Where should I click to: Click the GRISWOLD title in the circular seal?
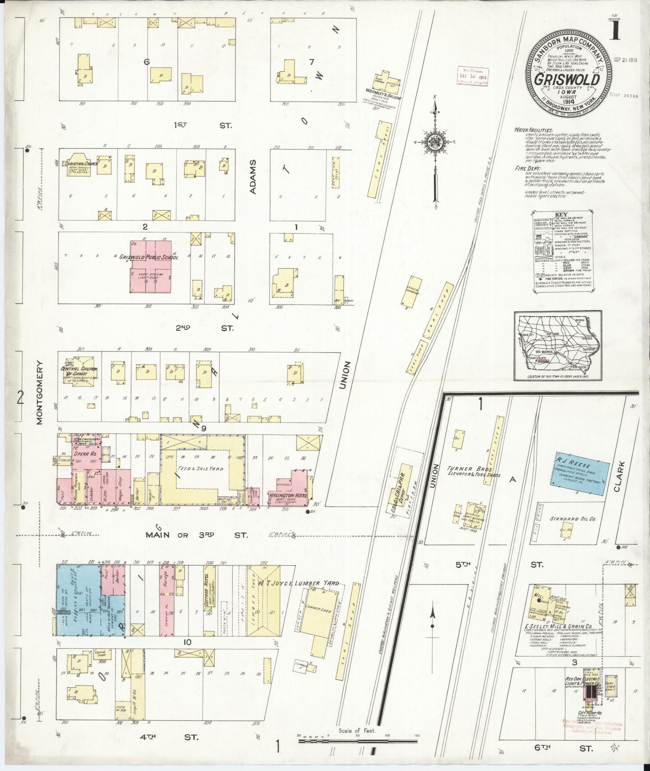pyautogui.click(x=567, y=79)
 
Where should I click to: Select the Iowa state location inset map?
pyautogui.click(x=558, y=345)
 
